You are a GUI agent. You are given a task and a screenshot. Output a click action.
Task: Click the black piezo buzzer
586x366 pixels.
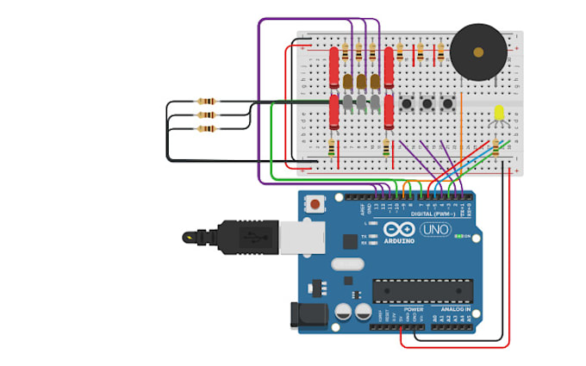478,52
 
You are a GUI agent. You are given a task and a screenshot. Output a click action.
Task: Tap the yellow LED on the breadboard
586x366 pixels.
499,115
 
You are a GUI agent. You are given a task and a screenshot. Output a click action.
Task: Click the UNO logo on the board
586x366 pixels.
435,230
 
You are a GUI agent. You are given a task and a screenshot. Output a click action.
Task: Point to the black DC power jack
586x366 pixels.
310,315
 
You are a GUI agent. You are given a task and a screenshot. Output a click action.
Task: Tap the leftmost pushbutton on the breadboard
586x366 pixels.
406,105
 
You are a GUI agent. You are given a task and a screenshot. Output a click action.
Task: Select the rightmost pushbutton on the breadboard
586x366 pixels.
448,105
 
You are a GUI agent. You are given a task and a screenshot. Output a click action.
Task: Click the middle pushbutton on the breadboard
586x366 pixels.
427,105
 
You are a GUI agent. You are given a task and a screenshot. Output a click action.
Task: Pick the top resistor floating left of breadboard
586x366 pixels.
206,102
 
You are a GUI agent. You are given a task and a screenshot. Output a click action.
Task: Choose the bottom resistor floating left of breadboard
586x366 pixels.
206,129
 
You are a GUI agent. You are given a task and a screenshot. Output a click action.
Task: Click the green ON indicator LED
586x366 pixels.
459,236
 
